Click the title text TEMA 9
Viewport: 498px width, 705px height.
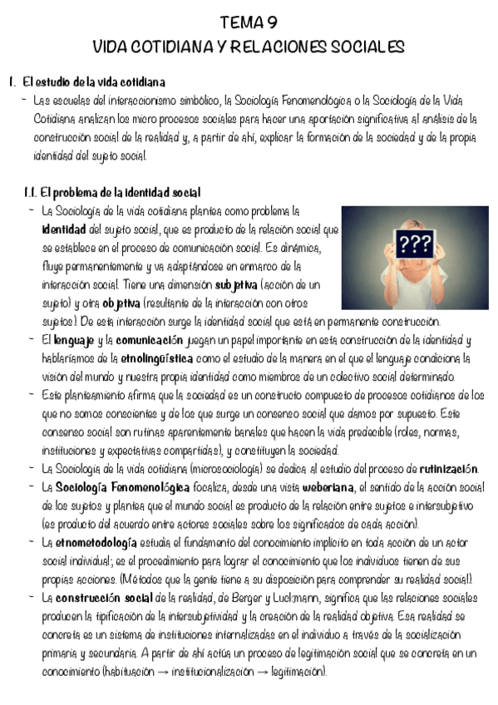(x=249, y=22)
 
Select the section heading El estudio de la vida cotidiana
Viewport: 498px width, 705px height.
(x=94, y=82)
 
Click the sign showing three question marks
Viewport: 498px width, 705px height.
(x=415, y=244)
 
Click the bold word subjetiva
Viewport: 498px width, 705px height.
(x=235, y=284)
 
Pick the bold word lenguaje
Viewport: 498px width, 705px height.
(x=74, y=340)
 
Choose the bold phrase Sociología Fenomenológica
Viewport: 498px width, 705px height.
(x=116, y=487)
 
